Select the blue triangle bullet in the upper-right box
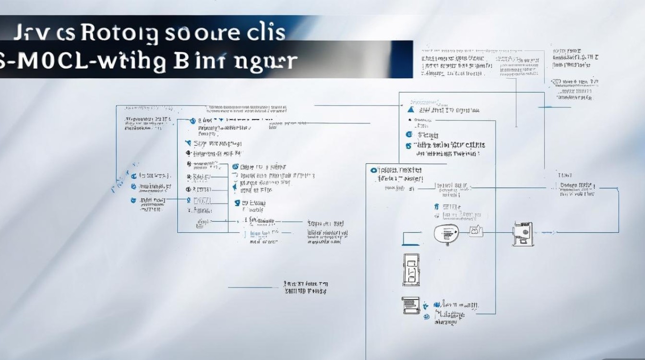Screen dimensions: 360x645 click(x=410, y=109)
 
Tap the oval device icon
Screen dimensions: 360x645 click(x=446, y=233)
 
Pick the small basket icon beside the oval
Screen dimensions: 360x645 click(x=476, y=231)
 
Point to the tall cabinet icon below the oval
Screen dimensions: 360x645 click(x=411, y=270)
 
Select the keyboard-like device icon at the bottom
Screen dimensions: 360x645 click(x=410, y=305)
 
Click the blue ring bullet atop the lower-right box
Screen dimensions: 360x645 click(x=373, y=170)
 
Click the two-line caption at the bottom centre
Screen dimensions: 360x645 click(x=306, y=287)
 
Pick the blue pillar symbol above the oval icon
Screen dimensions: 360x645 click(x=436, y=207)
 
